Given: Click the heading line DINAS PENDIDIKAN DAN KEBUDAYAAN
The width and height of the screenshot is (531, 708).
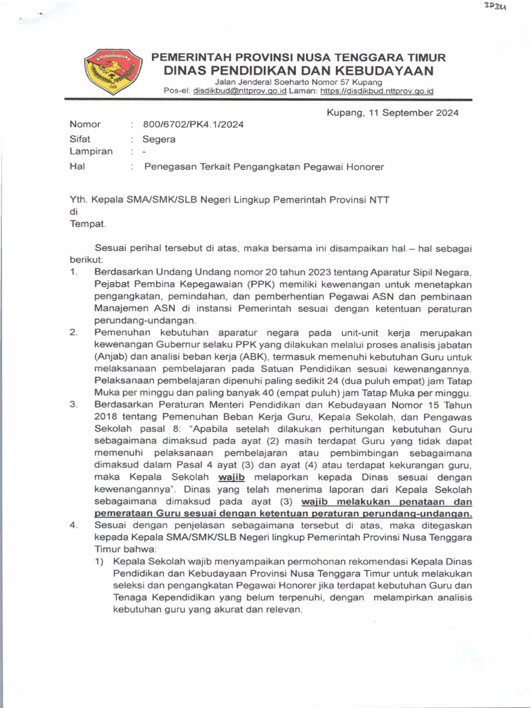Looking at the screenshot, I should coord(299,71).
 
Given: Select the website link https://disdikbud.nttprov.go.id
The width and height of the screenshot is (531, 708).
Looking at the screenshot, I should coord(377,91).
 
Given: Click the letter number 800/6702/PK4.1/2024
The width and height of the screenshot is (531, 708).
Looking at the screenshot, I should coord(193,124).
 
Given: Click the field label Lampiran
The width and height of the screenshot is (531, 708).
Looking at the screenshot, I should coord(91,151).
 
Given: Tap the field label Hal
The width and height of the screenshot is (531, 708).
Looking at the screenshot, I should coord(77,167).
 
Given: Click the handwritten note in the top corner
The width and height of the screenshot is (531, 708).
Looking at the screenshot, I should coord(495,8).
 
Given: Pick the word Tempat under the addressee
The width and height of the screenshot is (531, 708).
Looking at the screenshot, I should coord(88,224).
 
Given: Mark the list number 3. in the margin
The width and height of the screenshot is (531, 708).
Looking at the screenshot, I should coord(73,404).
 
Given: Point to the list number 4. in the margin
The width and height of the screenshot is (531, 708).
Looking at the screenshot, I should coord(73,526).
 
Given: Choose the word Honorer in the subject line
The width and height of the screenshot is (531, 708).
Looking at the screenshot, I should coord(362,167).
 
